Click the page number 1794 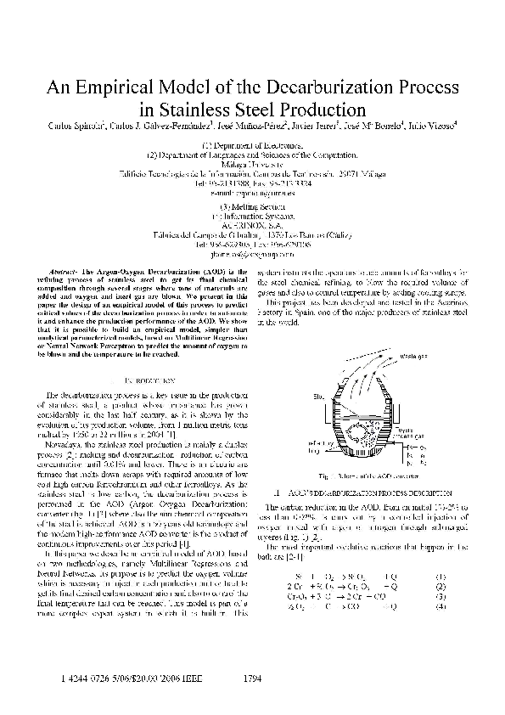pos(252,679)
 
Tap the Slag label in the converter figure pos(319,396)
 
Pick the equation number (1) pos(440,552)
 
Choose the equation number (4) pos(440,583)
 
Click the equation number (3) pos(440,573)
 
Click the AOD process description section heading pos(362,492)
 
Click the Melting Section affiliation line pos(252,205)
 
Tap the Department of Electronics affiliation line pos(252,146)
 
